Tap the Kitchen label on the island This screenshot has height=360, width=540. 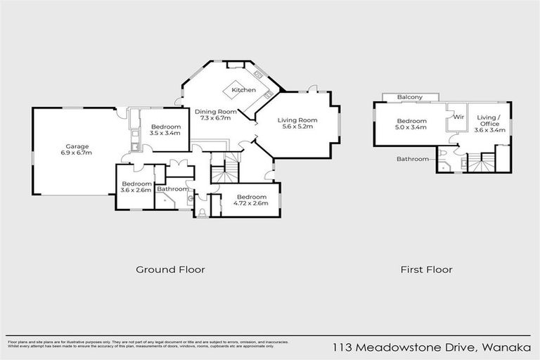coord(244,90)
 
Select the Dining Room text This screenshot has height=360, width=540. coord(216,112)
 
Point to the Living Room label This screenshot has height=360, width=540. coord(297,120)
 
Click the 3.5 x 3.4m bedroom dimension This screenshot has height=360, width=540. coord(165,133)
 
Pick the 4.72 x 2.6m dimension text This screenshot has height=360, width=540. coord(250,203)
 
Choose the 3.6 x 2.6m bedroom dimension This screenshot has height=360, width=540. coord(136,191)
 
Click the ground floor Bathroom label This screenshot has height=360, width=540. coord(172,188)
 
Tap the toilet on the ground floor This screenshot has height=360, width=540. coord(202,212)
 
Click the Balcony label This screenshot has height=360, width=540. coord(409,97)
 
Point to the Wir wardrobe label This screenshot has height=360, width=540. coord(458,117)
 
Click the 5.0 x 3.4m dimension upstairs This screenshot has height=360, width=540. coord(411,128)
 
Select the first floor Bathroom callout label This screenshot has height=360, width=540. coord(412,159)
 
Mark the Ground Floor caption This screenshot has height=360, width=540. coord(170,269)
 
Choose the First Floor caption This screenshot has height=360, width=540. coord(426,269)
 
